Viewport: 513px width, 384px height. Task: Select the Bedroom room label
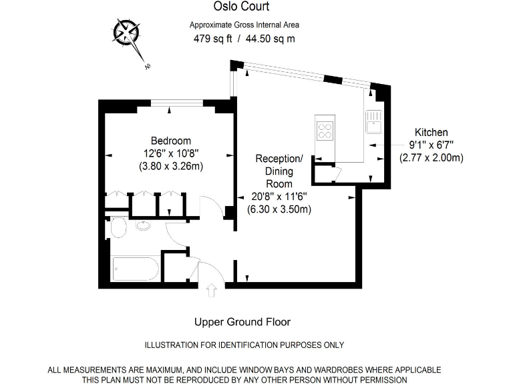[170, 141]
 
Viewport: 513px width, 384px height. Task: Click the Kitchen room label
[431, 133]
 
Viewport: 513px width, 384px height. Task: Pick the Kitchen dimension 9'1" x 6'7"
[431, 145]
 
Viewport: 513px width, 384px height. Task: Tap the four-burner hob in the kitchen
[325, 130]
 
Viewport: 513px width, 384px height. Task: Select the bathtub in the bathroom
[135, 269]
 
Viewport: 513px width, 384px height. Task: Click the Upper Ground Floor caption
[242, 322]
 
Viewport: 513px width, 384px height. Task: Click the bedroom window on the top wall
[177, 103]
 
